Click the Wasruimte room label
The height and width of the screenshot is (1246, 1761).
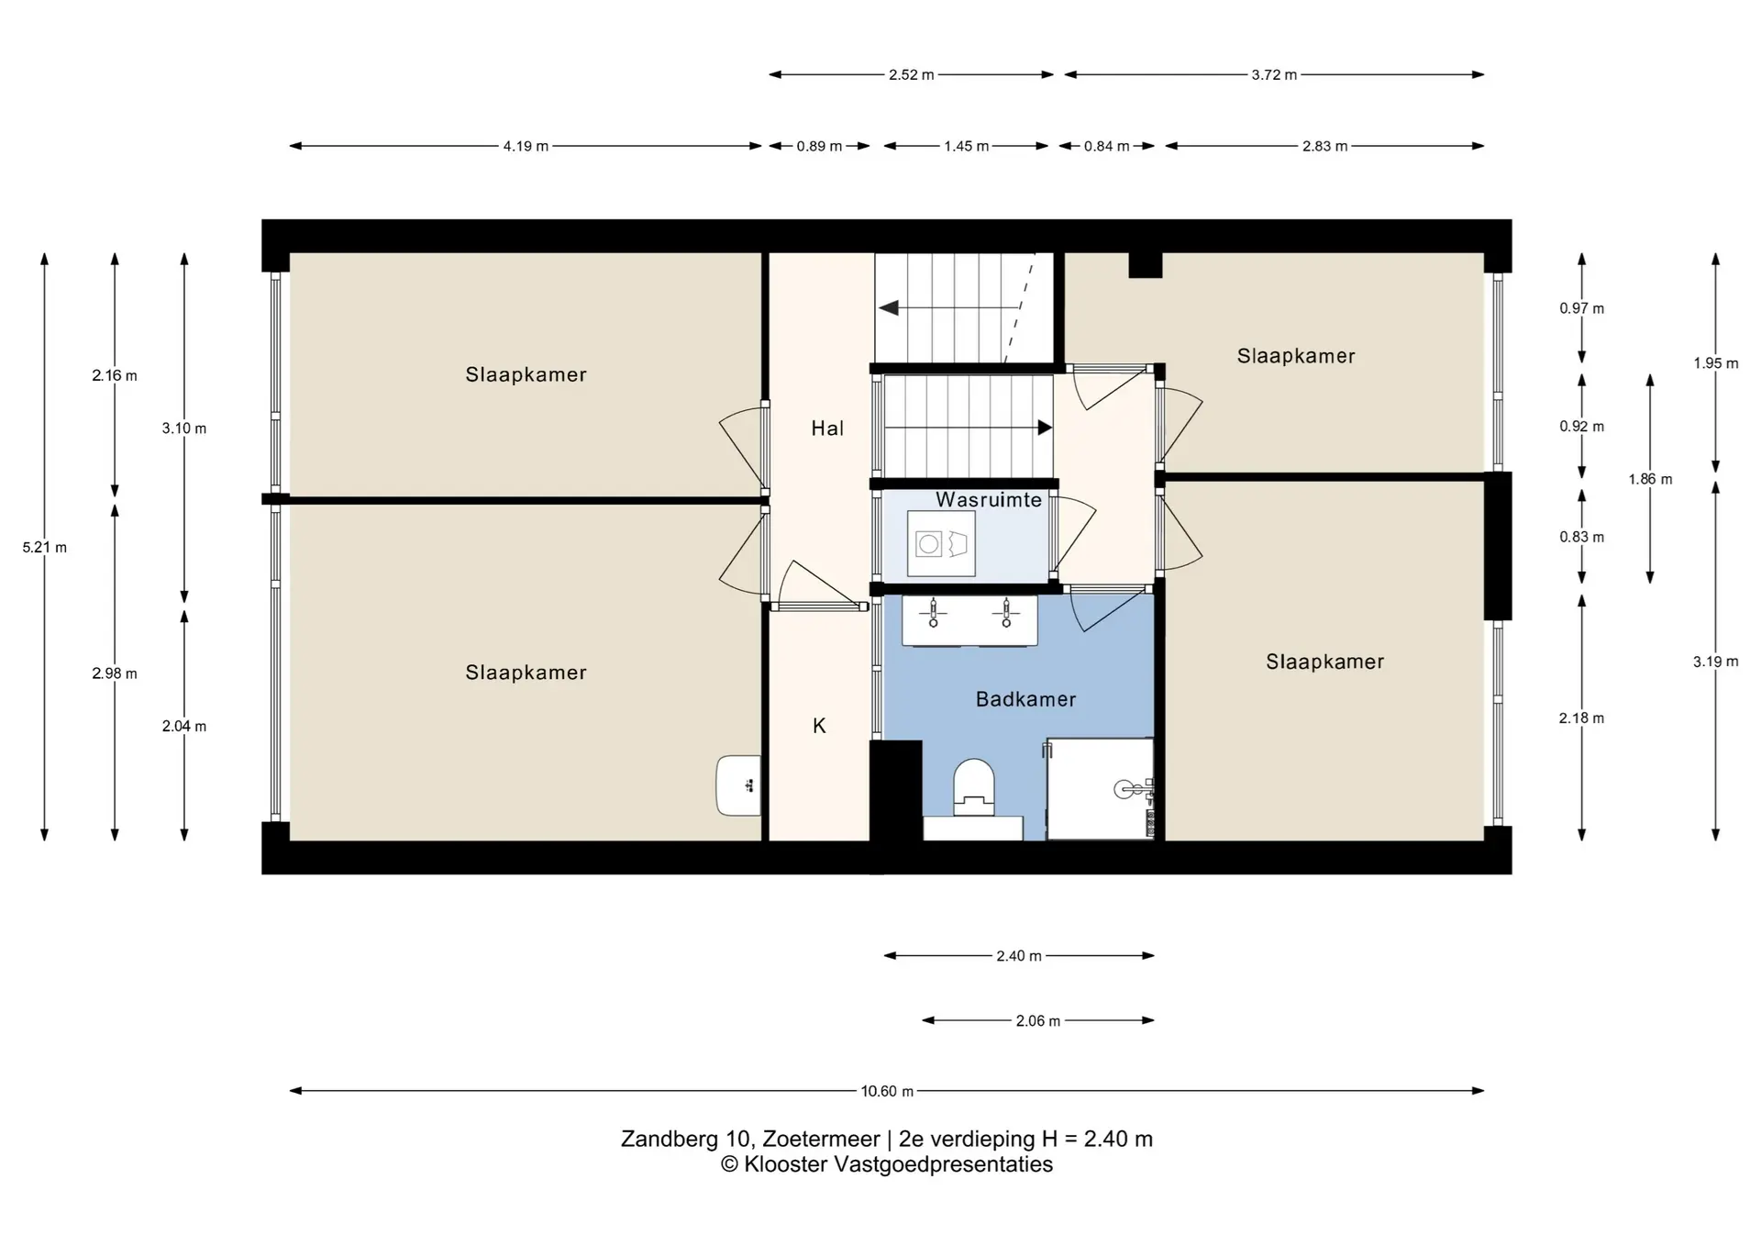989,500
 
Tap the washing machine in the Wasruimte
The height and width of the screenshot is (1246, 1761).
941,544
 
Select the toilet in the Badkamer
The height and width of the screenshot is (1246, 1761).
973,787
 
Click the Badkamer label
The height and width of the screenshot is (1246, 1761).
1025,699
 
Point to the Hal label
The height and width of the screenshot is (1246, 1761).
827,428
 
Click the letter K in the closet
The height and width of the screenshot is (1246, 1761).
819,726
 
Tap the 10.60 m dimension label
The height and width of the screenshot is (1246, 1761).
887,1091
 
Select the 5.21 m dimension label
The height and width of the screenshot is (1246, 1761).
45,548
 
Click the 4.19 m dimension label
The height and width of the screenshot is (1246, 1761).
526,146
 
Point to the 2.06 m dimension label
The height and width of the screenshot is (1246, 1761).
1037,1020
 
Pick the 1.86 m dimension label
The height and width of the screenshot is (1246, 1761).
1650,479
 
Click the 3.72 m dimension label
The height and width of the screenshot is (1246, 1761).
1274,74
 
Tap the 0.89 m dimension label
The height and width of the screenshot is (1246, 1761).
819,146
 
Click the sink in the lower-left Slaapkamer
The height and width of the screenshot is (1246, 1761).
739,785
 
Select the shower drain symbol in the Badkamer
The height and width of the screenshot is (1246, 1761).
1124,789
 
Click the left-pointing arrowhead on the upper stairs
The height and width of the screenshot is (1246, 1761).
888,308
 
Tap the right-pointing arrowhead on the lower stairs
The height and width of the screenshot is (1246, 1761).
1045,428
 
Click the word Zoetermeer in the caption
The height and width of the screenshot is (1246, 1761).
821,1139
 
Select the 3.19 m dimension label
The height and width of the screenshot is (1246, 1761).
1715,662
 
